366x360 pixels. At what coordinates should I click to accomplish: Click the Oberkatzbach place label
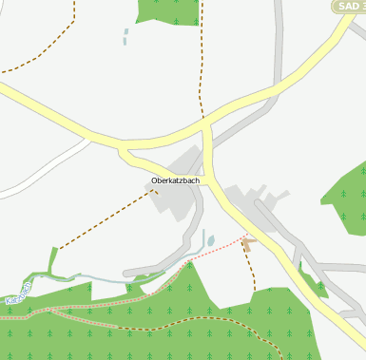(x=176, y=180)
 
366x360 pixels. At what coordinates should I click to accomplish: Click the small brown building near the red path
(x=248, y=244)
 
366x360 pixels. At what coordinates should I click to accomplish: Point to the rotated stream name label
(x=17, y=294)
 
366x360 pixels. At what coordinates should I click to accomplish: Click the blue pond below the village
(x=211, y=241)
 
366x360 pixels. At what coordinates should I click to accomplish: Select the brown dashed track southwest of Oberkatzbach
(x=105, y=221)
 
